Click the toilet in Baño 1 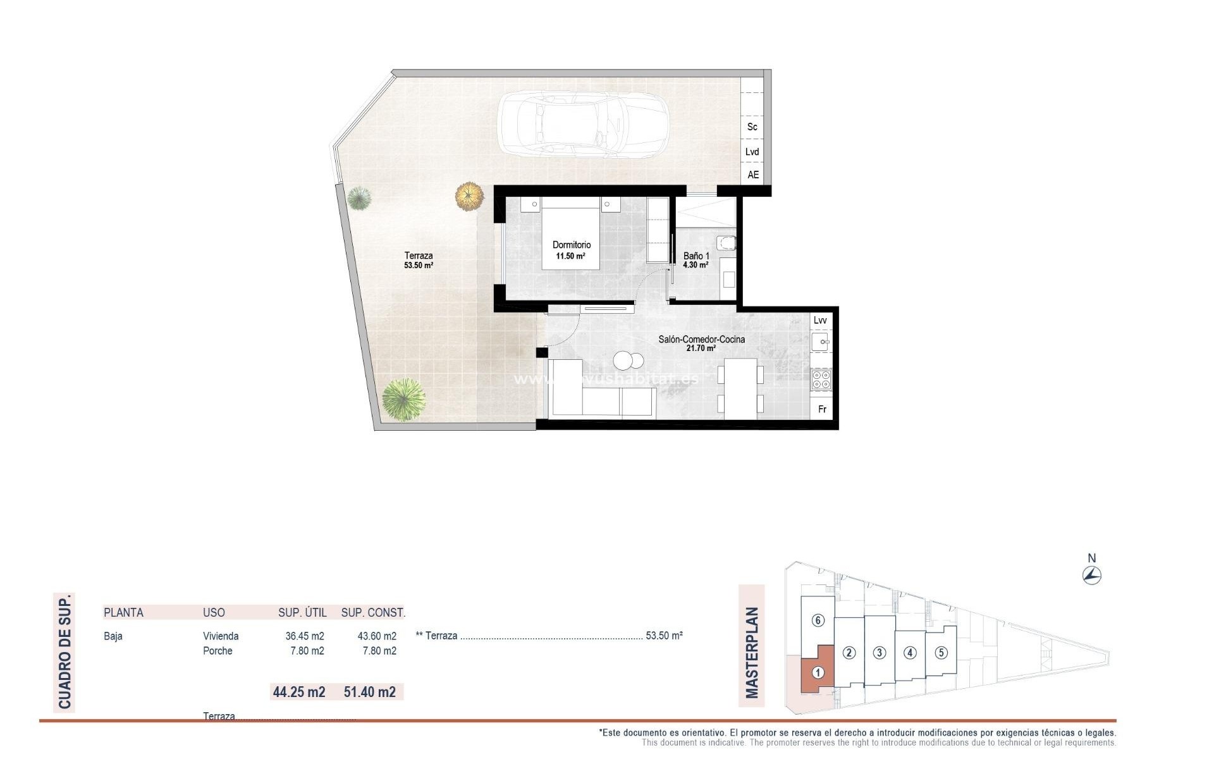click(x=727, y=242)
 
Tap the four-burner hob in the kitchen click(x=821, y=379)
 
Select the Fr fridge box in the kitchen click(x=822, y=409)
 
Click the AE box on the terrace click(x=752, y=175)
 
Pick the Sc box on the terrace click(x=752, y=126)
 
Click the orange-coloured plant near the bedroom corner click(x=469, y=196)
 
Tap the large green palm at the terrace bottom click(x=403, y=399)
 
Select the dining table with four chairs click(x=740, y=388)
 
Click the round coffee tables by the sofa click(x=628, y=361)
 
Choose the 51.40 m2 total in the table click(x=369, y=692)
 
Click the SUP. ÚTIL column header click(x=302, y=612)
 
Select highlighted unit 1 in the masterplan click(x=818, y=673)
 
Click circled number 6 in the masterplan click(x=818, y=620)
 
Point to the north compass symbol click(x=1091, y=575)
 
